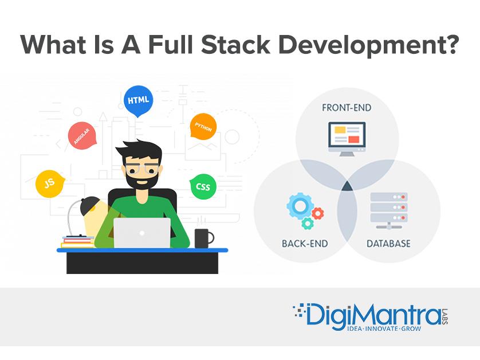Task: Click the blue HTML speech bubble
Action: pyautogui.click(x=138, y=100)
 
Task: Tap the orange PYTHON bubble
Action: pyautogui.click(x=203, y=126)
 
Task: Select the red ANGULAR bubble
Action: pyautogui.click(x=82, y=136)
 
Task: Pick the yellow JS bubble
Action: pyautogui.click(x=50, y=183)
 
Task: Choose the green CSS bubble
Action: pyautogui.click(x=203, y=186)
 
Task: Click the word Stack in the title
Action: pyautogui.click(x=235, y=45)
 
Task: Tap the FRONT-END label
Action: pyautogui.click(x=347, y=108)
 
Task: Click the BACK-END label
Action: pyautogui.click(x=305, y=244)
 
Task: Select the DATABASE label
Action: pyautogui.click(x=388, y=244)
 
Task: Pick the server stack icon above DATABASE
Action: pyautogui.click(x=389, y=211)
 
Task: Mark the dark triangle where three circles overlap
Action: pyautogui.click(x=347, y=186)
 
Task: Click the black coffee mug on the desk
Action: pyautogui.click(x=204, y=238)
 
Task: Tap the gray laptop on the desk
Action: pyautogui.click(x=142, y=233)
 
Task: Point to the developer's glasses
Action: pyautogui.click(x=142, y=168)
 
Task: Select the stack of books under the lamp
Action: pyautogui.click(x=78, y=241)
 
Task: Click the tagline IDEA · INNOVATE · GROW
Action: pyautogui.click(x=384, y=328)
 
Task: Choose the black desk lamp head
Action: pyautogui.click(x=90, y=206)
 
